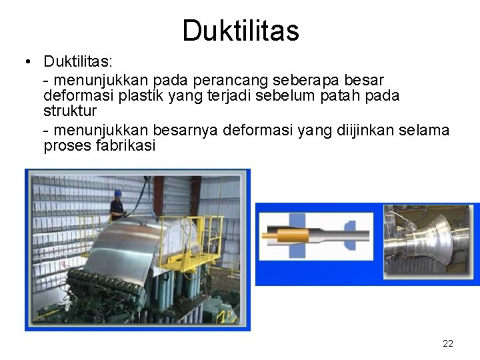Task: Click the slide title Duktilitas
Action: coord(241,31)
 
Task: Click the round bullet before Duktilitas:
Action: coord(25,62)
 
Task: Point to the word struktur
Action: coord(70,111)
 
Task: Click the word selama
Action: coord(425,129)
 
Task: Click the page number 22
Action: coord(448,343)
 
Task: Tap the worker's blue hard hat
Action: coord(118,193)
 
